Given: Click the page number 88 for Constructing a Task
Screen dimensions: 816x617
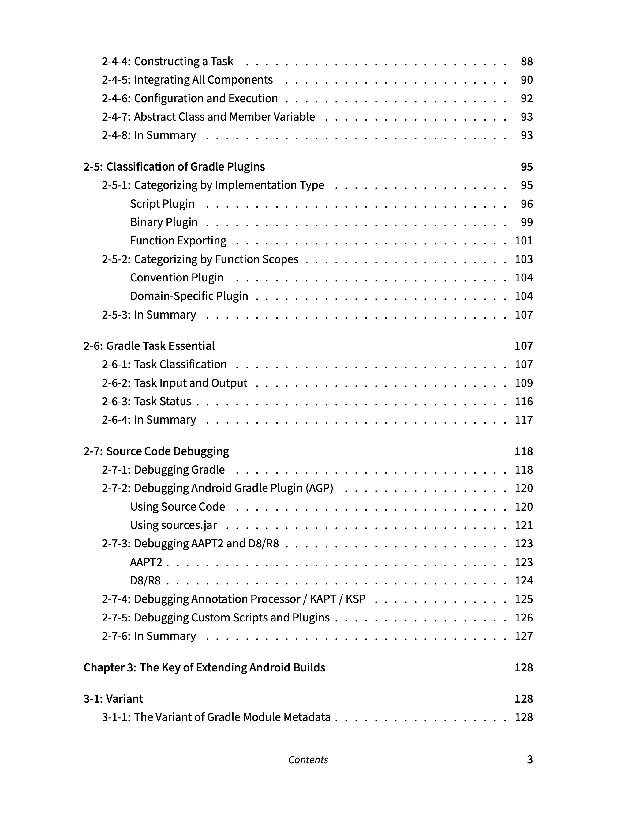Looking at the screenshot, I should coord(526,61).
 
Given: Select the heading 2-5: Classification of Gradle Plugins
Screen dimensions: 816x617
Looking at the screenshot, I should coord(174,167).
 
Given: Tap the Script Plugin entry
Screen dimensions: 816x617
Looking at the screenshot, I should coord(162,204).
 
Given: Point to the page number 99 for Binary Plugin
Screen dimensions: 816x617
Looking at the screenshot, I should coord(526,222).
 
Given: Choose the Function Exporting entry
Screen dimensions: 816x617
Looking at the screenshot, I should coord(178,240).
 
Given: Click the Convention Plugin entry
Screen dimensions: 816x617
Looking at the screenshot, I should coord(177,278).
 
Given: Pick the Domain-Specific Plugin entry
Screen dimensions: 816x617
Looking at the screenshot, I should coord(189,296).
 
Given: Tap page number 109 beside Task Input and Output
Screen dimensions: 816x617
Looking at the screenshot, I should coord(523,383).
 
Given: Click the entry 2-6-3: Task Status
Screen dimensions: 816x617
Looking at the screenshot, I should coord(146,401).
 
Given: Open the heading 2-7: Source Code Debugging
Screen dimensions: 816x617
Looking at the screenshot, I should coord(156,451).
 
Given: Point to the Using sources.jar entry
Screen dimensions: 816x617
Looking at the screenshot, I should coord(173,525).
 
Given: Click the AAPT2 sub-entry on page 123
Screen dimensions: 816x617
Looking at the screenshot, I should coord(146,562).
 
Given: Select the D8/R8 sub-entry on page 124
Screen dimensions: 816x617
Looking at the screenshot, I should coord(145,581).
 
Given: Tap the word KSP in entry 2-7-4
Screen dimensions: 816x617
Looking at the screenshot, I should coord(355,599).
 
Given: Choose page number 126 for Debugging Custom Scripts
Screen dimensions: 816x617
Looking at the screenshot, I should coord(523,618).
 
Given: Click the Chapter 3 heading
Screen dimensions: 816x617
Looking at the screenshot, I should coord(204,667).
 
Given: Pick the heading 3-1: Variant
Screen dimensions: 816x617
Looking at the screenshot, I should coord(113,699).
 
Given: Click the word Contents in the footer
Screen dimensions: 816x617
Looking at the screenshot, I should coord(308,760).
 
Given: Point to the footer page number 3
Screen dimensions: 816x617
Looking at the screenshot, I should coord(529,760).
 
